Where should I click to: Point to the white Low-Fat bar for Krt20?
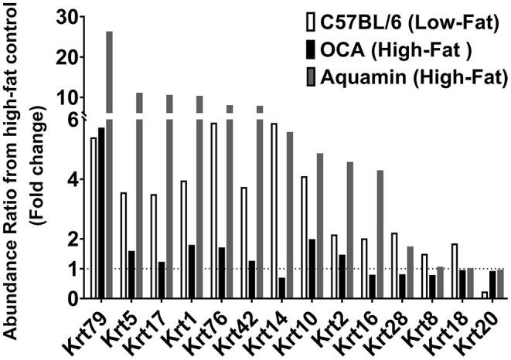(x=484, y=294)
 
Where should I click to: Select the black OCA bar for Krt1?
(x=191, y=271)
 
